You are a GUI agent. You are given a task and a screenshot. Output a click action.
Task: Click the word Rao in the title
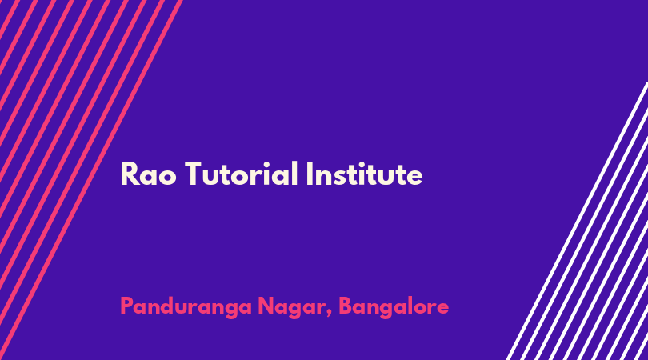[x=148, y=174]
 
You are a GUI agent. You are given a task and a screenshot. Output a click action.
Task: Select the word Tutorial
[x=241, y=174]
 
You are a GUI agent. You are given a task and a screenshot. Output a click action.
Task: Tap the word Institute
[x=365, y=174]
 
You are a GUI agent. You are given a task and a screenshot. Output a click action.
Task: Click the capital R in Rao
[x=130, y=174]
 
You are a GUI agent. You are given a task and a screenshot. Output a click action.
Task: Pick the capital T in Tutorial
[x=195, y=174]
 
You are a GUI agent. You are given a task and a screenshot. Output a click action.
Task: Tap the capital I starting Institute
[x=309, y=174]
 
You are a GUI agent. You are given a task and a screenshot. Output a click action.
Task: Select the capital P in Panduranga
[x=127, y=306]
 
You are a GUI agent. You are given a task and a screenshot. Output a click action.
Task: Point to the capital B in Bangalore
[x=346, y=306]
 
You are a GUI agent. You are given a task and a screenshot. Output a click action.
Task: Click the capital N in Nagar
[x=266, y=306]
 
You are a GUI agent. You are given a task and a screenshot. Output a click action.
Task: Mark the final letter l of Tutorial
[x=295, y=173]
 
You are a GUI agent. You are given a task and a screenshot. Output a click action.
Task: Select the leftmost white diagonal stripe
[x=578, y=221]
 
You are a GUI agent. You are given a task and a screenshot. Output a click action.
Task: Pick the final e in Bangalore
[x=442, y=309]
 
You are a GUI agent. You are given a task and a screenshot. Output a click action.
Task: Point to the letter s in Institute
[x=338, y=177]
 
